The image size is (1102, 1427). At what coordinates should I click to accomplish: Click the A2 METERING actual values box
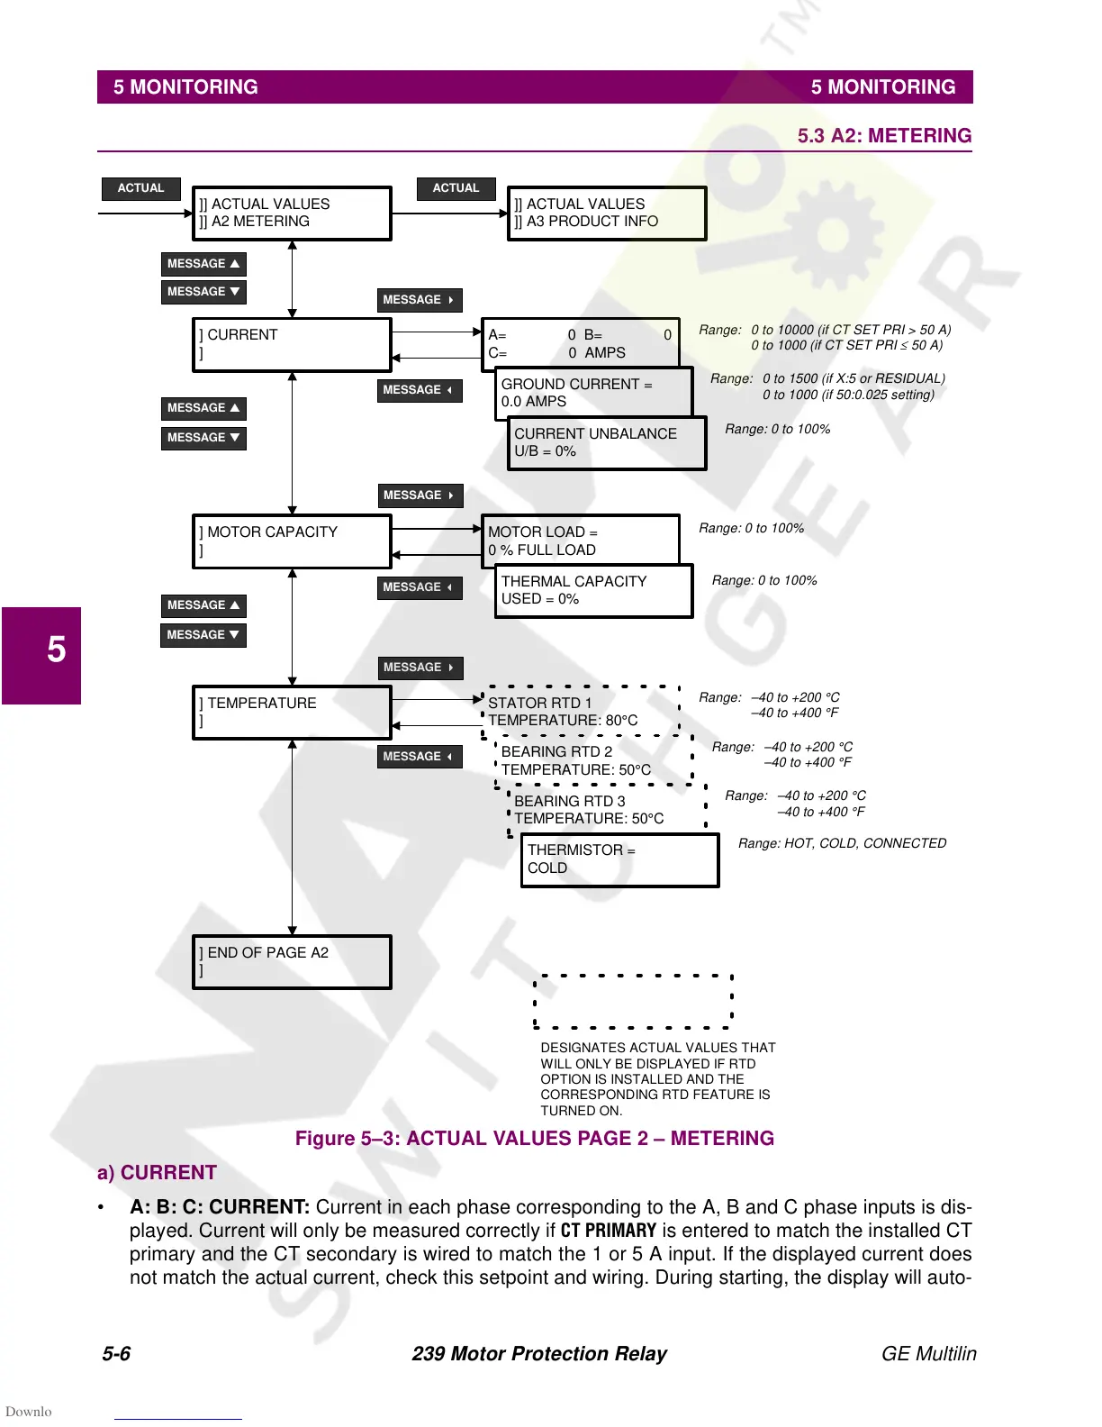292,214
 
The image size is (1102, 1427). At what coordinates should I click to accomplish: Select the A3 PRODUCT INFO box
607,214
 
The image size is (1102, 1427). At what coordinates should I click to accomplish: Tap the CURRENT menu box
292,344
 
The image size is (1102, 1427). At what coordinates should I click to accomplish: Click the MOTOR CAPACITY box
292,541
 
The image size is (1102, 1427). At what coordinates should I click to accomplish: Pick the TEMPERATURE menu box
292,713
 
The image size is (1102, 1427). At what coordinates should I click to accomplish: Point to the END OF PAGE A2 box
292,962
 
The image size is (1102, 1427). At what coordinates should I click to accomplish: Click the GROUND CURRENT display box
594,393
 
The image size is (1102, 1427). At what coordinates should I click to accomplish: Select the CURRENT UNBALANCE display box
607,442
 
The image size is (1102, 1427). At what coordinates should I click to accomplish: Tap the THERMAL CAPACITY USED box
594,590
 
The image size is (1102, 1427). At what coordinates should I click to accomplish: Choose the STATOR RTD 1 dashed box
582,712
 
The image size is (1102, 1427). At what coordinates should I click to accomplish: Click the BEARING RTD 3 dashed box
607,810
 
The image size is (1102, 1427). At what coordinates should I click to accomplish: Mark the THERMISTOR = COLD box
620,859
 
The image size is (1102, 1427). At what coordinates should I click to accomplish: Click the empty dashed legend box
633,1001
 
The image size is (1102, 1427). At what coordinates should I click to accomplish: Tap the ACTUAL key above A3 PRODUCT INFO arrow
456,188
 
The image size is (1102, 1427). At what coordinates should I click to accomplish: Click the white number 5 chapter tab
56,650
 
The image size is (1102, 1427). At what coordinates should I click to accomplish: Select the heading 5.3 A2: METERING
884,136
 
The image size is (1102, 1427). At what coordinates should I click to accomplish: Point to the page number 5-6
116,1353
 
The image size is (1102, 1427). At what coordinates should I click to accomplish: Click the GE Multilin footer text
928,1353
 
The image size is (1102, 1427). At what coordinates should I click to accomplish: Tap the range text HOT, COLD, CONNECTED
843,843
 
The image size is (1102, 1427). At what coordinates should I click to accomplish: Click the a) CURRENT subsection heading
158,1172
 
